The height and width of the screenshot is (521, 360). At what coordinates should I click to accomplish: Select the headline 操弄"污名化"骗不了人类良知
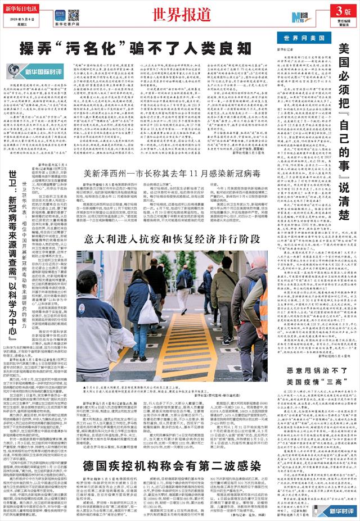(x=132, y=48)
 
